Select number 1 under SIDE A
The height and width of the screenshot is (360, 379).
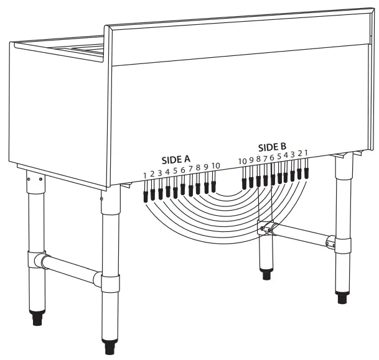(x=145, y=175)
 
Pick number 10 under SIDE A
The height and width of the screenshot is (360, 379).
(x=215, y=165)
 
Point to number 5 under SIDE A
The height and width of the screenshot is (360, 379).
(x=175, y=171)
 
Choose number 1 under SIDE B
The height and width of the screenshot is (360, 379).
(x=306, y=152)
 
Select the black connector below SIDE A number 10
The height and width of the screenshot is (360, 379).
(x=213, y=186)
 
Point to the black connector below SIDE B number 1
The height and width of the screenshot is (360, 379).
(x=306, y=170)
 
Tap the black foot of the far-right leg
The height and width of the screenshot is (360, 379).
(x=342, y=297)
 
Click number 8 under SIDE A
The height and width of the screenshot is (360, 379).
(x=198, y=168)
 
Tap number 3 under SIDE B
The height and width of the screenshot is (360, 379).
(x=292, y=154)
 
